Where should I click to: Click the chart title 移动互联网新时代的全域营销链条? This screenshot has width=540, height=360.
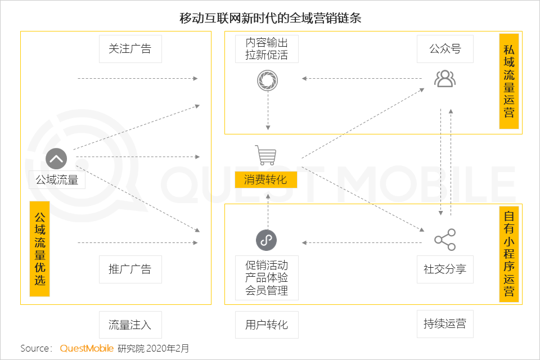pyautogui.click(x=271, y=18)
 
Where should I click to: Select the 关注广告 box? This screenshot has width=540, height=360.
pyautogui.click(x=130, y=48)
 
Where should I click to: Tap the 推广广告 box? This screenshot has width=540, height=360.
pyautogui.click(x=130, y=269)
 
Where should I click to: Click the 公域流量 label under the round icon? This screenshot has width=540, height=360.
pyautogui.click(x=57, y=179)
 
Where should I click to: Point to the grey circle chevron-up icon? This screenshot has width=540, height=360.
pyautogui.click(x=56, y=159)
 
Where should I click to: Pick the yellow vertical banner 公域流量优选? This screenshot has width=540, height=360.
pyautogui.click(x=39, y=249)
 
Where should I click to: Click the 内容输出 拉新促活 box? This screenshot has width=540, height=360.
pyautogui.click(x=267, y=48)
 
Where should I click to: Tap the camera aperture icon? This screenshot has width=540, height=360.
pyautogui.click(x=268, y=80)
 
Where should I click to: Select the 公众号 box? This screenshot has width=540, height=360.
pyautogui.click(x=445, y=48)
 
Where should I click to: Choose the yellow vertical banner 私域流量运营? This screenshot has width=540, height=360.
pyautogui.click(x=509, y=82)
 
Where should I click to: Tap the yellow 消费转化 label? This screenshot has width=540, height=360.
pyautogui.click(x=266, y=179)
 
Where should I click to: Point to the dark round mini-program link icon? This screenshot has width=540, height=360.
pyautogui.click(x=266, y=240)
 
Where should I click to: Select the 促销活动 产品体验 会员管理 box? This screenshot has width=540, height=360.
pyautogui.click(x=267, y=278)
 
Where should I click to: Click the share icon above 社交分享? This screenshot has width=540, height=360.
pyautogui.click(x=445, y=240)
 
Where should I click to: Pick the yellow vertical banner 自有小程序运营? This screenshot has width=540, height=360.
pyautogui.click(x=509, y=254)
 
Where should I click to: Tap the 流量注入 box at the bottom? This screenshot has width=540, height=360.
pyautogui.click(x=130, y=325)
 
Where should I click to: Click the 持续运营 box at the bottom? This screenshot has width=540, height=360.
pyautogui.click(x=445, y=324)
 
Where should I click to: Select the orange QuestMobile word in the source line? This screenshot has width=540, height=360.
pyautogui.click(x=87, y=348)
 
